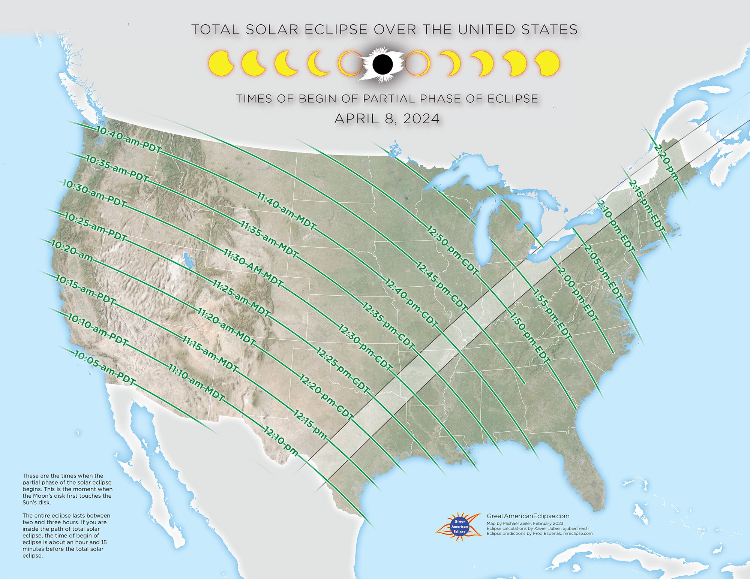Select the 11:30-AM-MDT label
click(253, 268)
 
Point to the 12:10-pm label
click(281, 441)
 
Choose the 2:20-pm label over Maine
click(666, 163)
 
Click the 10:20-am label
click(72, 251)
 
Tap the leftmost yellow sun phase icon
click(220, 64)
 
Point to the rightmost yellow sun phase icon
click(547, 64)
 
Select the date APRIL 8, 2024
click(387, 118)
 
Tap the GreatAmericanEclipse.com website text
click(528, 516)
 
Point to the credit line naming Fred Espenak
click(539, 533)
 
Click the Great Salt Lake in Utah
click(188, 260)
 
